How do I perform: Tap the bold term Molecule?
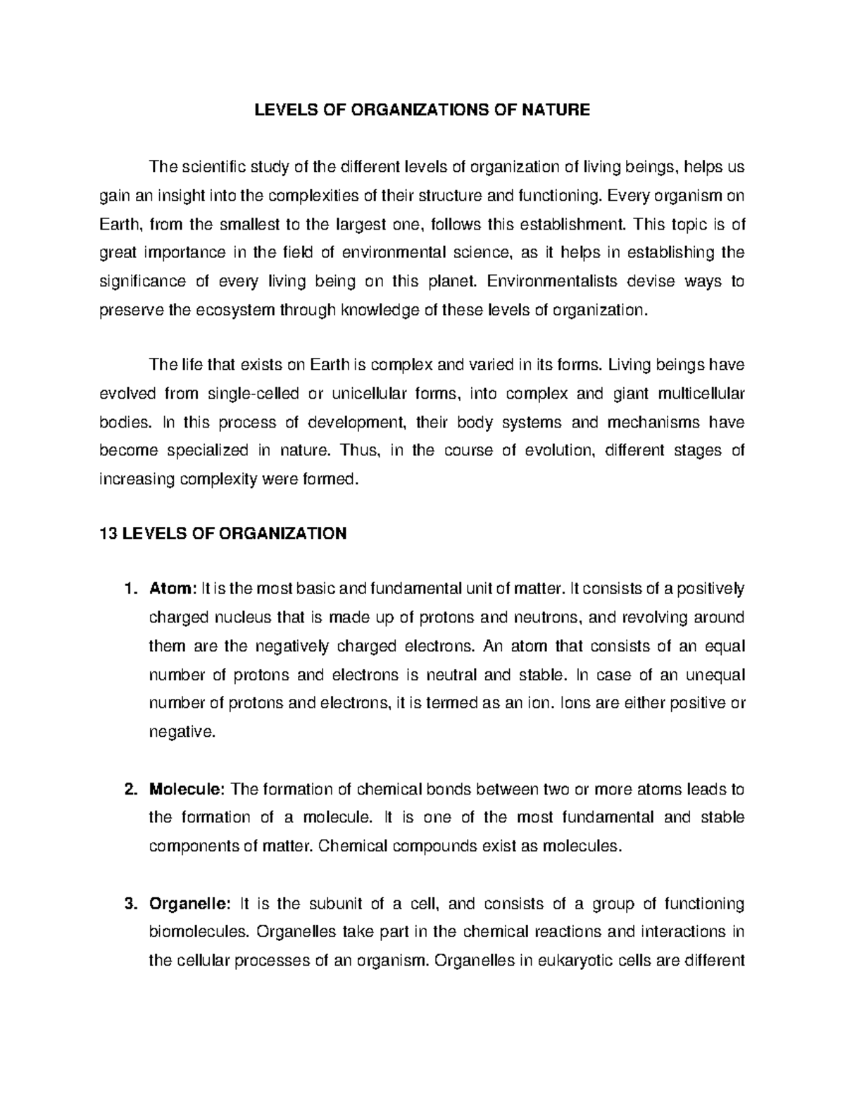[187, 789]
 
